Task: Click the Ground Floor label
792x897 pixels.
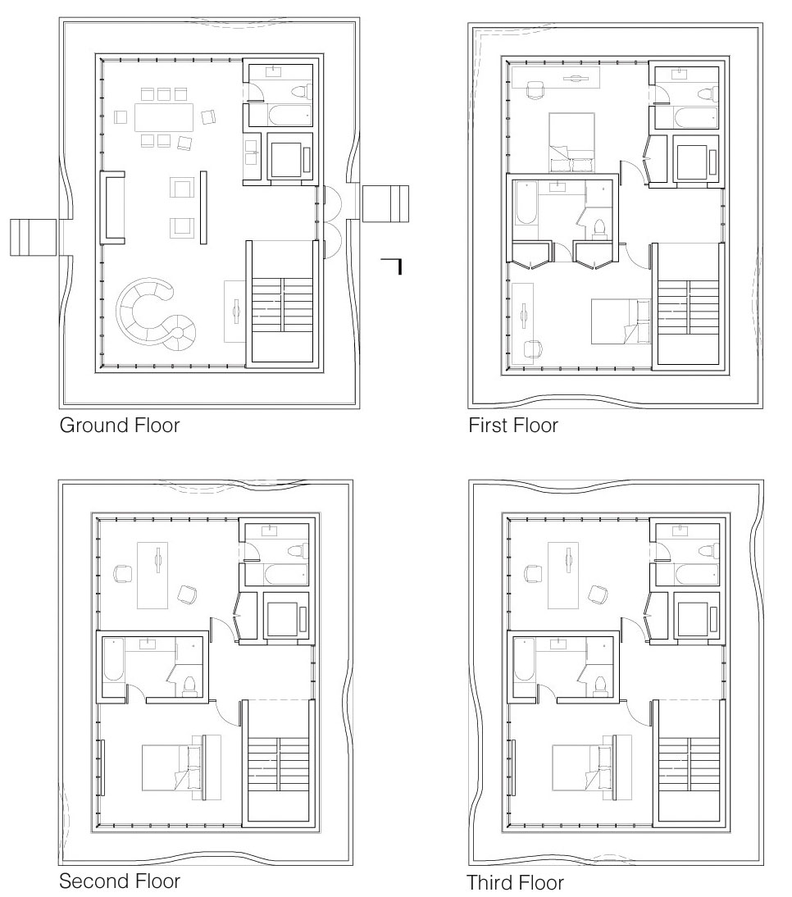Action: [120, 425]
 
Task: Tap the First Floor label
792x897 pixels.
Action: [513, 425]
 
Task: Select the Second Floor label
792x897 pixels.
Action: [120, 881]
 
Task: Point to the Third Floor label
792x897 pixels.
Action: [515, 882]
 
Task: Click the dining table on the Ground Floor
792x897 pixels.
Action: [164, 116]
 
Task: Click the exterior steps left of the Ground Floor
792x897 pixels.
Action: [33, 237]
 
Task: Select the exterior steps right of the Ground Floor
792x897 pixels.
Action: [385, 203]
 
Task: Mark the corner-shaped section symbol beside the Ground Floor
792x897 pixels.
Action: [394, 263]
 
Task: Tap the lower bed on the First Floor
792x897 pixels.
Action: [621, 321]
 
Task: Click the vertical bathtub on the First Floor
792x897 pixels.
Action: [525, 203]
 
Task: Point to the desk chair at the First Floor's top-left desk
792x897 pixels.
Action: [535, 90]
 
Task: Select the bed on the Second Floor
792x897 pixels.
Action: [181, 767]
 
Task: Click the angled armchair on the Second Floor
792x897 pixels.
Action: [187, 594]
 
